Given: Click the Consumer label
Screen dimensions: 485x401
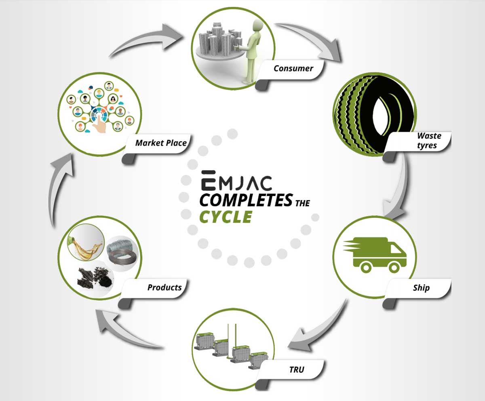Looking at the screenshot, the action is pos(293,69).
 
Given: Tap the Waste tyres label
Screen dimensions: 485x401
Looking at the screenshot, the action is pos(429,141).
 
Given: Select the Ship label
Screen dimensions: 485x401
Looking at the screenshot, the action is pos(421,288).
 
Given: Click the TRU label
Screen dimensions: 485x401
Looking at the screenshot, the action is pos(297,369).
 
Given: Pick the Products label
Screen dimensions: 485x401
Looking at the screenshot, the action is pos(164,288).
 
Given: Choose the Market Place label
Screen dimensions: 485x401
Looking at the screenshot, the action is pos(161,143).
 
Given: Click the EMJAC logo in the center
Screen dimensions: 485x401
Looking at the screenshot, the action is pos(236,180).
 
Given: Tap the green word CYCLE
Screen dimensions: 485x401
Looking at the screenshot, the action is pos(226,217).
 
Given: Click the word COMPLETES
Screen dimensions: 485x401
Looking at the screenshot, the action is pos(246,200).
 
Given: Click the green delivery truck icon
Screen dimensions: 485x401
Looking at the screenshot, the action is pos(375,255).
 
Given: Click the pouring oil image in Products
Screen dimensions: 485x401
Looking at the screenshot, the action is pos(86,243).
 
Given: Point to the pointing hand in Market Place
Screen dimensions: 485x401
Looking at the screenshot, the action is pos(100,125).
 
